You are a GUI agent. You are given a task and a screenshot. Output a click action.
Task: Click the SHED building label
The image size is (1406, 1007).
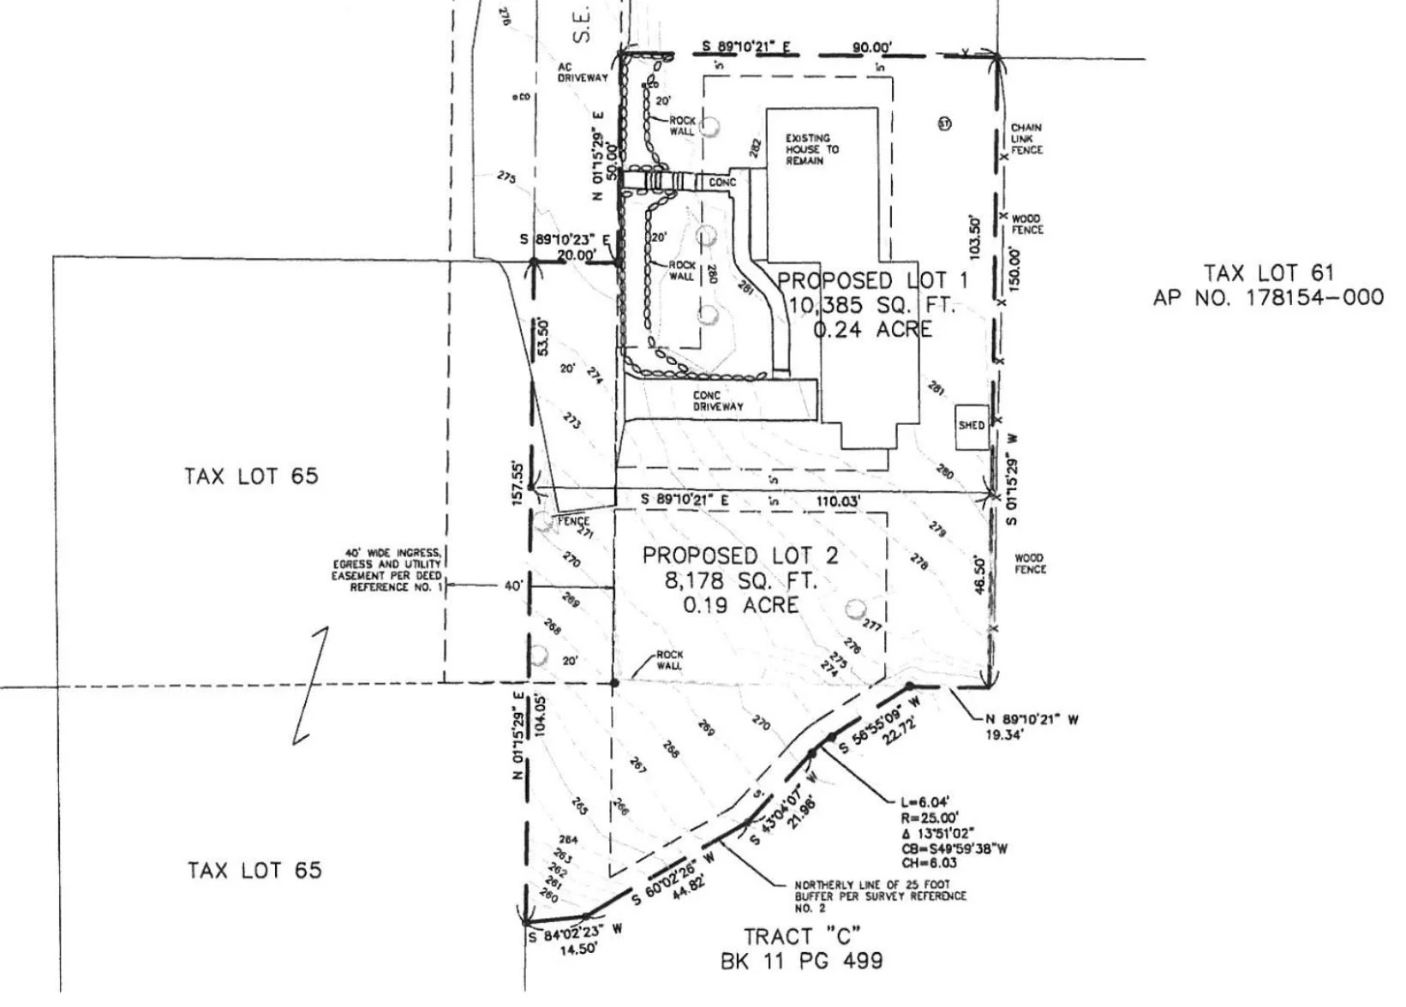(971, 425)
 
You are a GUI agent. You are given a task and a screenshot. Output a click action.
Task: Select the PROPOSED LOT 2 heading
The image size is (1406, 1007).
(740, 555)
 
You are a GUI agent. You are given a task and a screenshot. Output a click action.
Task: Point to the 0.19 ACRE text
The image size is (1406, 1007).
(740, 605)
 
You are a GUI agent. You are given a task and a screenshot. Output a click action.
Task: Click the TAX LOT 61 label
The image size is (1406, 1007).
(1269, 273)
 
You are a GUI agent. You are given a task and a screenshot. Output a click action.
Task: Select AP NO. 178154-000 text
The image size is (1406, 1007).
(1268, 297)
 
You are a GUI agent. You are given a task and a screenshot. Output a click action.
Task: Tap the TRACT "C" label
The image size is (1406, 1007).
(801, 936)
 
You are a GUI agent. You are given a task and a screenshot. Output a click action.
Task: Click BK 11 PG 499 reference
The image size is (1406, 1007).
(801, 961)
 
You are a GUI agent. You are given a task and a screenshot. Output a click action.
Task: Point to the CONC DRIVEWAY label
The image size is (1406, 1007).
(718, 401)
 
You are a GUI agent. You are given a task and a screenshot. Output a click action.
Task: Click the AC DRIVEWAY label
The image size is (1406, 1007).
(583, 72)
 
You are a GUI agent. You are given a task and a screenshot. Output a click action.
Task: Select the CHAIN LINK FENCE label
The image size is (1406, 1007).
(1026, 139)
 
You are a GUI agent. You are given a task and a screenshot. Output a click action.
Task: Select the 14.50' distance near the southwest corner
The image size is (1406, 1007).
(572, 949)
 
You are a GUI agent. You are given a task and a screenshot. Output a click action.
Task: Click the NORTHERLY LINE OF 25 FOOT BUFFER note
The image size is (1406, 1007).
(880, 896)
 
